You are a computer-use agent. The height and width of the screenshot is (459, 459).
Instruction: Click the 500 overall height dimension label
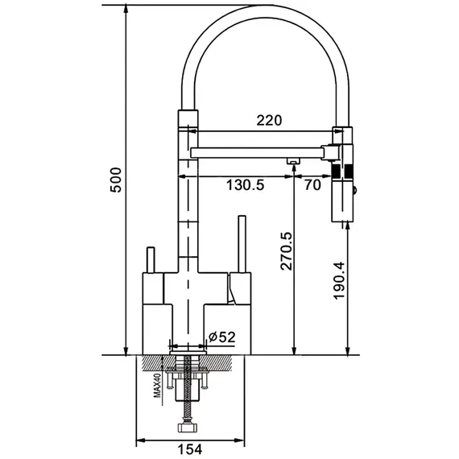(116, 180)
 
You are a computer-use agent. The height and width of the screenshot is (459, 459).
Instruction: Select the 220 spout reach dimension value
(269, 120)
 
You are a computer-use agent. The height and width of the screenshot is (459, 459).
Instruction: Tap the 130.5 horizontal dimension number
(246, 185)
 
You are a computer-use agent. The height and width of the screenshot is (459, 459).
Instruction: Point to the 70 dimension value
(312, 185)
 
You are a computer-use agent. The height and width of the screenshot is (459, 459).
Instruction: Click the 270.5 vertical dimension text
(287, 251)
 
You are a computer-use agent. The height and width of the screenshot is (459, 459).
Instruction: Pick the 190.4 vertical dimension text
(339, 280)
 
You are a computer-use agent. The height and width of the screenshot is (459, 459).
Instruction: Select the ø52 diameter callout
(221, 337)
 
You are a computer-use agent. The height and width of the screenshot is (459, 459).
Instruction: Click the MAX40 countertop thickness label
(158, 385)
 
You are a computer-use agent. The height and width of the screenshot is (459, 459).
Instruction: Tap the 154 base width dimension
(190, 449)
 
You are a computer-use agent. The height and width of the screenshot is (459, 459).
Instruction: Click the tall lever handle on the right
(242, 244)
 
